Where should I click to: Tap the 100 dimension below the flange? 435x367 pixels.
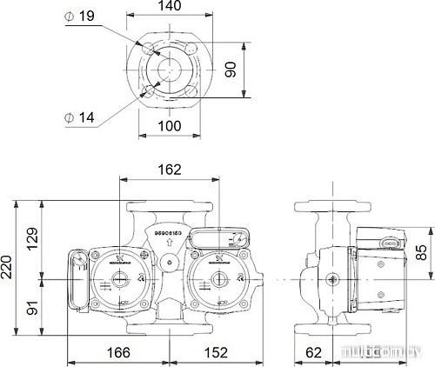171,126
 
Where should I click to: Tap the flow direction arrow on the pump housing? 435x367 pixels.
169,244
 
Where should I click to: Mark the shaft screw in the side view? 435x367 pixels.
332,279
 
